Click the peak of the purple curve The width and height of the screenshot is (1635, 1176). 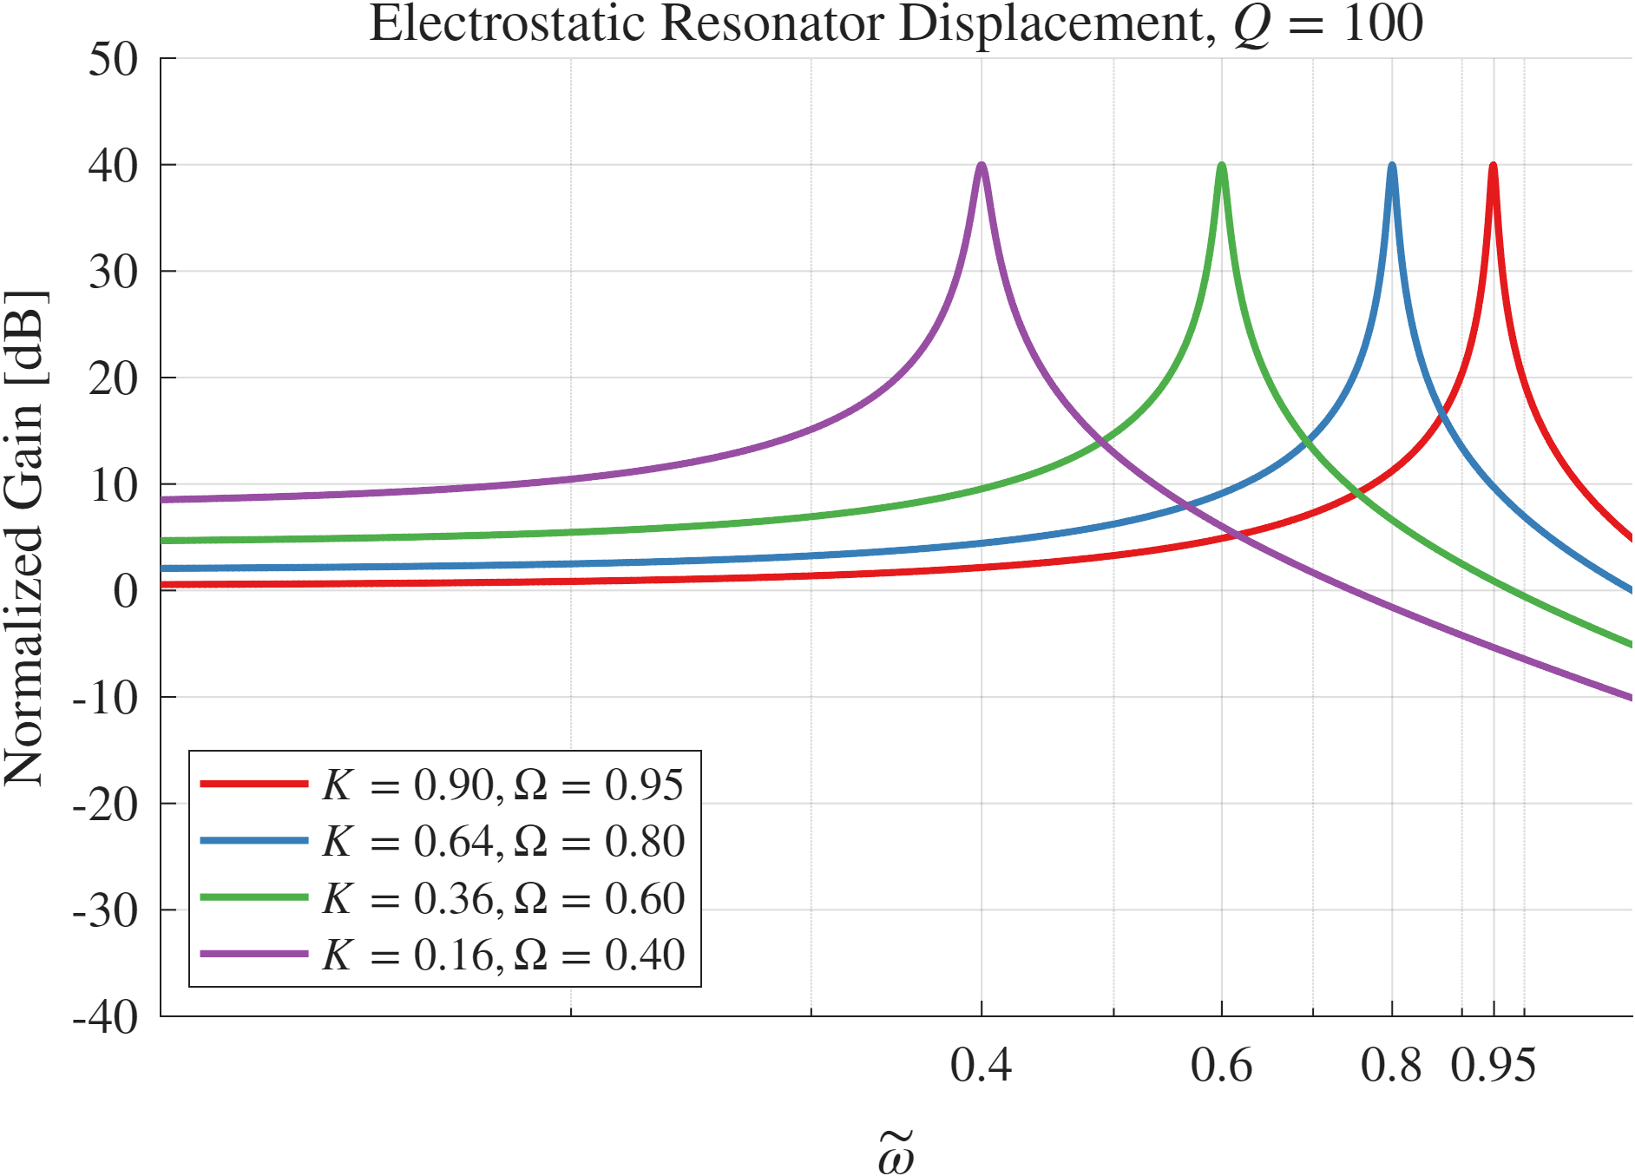coord(982,165)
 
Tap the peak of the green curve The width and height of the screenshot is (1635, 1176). coord(1222,165)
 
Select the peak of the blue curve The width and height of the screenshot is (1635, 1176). coord(1392,165)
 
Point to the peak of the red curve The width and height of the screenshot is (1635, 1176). coord(1493,165)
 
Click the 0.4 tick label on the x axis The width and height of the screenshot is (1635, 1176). coord(981,1065)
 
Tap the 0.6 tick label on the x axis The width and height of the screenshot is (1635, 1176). coord(1221,1065)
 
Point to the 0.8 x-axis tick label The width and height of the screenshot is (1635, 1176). coord(1391,1065)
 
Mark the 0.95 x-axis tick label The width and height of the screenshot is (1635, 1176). coord(1493,1065)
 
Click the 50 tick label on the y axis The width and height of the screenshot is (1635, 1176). coord(113,60)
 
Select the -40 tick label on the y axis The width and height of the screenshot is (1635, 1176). coord(105,1016)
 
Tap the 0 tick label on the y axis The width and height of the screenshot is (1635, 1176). coord(125,591)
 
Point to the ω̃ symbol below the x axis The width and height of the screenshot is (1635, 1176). coord(896,1153)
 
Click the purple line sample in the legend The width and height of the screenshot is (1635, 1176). coord(253,954)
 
